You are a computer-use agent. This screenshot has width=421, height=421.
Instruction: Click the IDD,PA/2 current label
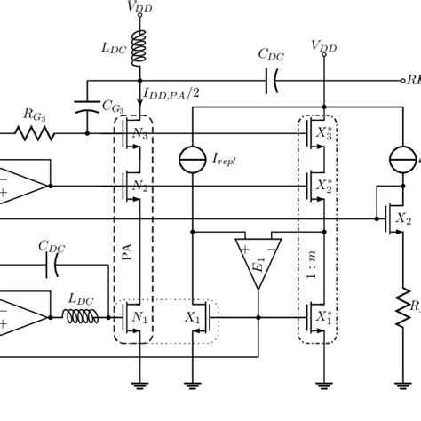[x=174, y=89]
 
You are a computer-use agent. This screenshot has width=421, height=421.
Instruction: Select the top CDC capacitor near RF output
[x=271, y=83]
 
